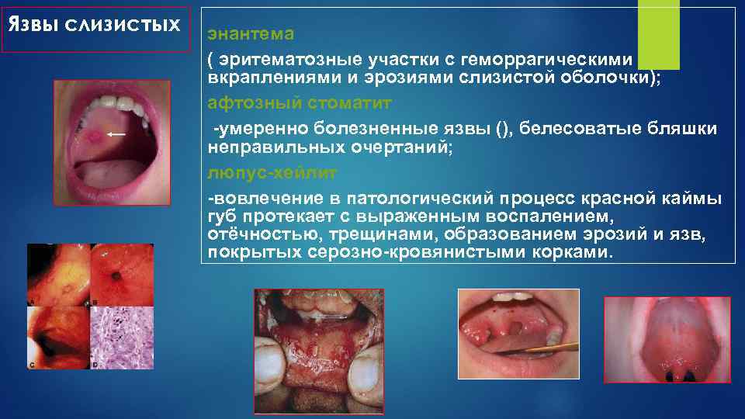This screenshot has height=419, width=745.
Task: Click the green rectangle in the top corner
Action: coord(657,34)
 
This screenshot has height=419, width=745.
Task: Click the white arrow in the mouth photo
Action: coord(116,134)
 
